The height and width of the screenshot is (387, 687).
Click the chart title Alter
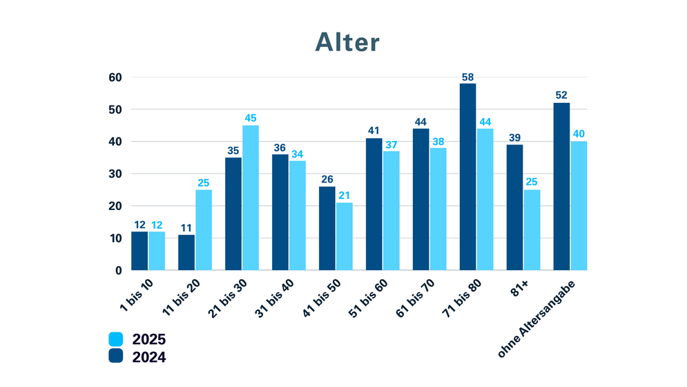[347, 42]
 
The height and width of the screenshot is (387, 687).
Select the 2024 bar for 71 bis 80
[467, 176]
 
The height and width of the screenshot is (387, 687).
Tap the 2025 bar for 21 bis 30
[251, 197]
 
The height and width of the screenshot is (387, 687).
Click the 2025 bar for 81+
[532, 229]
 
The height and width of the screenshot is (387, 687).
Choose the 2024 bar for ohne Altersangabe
[561, 186]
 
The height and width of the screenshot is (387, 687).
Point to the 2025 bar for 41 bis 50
[344, 236]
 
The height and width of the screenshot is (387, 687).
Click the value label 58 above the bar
[467, 77]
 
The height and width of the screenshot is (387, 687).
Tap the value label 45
[251, 118]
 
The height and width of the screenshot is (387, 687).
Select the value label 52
[561, 96]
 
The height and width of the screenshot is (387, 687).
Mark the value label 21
[344, 196]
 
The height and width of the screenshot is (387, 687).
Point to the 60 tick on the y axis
[114, 77]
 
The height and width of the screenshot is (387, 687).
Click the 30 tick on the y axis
[114, 173]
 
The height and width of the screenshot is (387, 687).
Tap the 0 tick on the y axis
[118, 270]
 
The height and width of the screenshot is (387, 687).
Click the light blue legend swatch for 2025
[116, 339]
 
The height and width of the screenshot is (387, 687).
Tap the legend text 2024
[150, 357]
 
